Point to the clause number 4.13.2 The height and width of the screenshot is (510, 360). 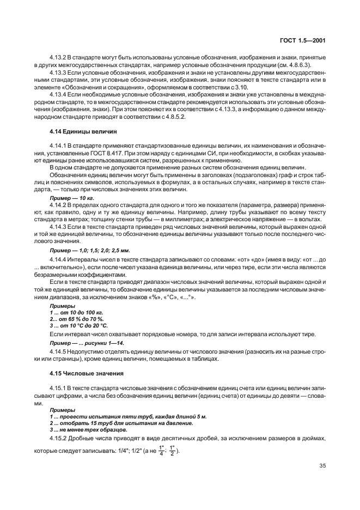[x=57, y=57]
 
